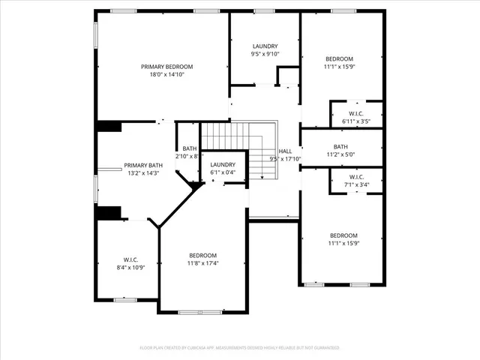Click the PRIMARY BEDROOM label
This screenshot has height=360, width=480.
[167, 66]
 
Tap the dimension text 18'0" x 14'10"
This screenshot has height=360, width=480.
[167, 74]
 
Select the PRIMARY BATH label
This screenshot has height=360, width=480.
[143, 165]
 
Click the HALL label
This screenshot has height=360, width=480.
[285, 151]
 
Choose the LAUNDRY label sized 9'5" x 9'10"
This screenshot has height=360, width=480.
[265, 46]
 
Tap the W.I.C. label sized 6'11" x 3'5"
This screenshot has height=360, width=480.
[356, 113]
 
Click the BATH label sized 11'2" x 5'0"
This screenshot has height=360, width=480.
[340, 146]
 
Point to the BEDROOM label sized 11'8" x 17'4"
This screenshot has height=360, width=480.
[202, 255]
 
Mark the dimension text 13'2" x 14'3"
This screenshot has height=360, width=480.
[143, 173]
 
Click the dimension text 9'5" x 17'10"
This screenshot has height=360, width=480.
[285, 158]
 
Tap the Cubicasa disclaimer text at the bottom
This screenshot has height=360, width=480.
[240, 348]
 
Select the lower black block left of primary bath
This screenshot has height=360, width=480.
[109, 212]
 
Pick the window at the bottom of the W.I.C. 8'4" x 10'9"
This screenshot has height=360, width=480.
[124, 299]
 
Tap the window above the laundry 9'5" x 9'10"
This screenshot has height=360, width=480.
[264, 11]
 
